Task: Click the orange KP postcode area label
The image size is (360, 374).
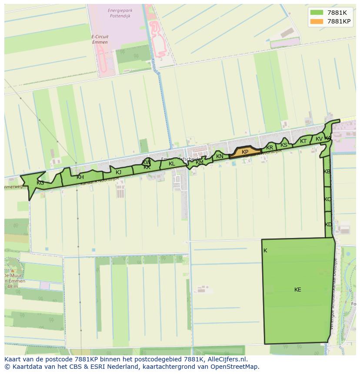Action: coord(245,152)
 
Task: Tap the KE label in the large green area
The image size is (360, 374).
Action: coord(297,290)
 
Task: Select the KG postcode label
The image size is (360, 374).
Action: coord(40,183)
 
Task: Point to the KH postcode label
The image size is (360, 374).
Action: coord(80,177)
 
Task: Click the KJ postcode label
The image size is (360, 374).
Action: coord(118,172)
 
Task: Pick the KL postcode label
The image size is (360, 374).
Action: coord(172,164)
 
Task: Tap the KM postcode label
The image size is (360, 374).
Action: coord(200,162)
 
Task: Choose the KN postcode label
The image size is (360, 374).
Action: coord(220,156)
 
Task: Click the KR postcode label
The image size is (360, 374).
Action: coord(270,148)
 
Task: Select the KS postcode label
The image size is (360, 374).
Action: coord(284,145)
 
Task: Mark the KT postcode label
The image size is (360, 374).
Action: coord(303,141)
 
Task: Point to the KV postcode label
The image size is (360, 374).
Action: coord(319,139)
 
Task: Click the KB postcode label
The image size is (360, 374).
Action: coord(327,172)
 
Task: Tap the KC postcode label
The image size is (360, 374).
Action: coord(327,199)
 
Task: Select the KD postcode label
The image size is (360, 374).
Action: coord(328,225)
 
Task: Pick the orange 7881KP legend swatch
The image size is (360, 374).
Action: coord(317,21)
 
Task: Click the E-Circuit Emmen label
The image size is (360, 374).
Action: coord(100,40)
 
